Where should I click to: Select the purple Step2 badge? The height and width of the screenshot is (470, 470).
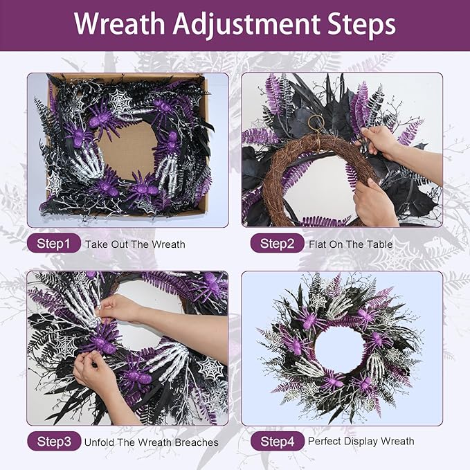tap(277, 244)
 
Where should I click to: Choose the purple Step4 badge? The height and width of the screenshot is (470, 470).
tap(277, 441)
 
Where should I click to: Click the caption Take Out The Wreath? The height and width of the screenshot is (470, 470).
tap(135, 244)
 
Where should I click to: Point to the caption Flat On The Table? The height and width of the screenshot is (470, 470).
tap(351, 244)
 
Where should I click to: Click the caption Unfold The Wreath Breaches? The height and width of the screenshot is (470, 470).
tap(151, 442)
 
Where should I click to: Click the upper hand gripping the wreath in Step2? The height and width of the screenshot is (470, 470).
tap(379, 139)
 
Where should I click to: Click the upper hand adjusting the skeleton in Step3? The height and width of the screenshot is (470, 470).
tap(119, 307)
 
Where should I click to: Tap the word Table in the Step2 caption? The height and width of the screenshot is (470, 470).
tap(380, 244)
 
